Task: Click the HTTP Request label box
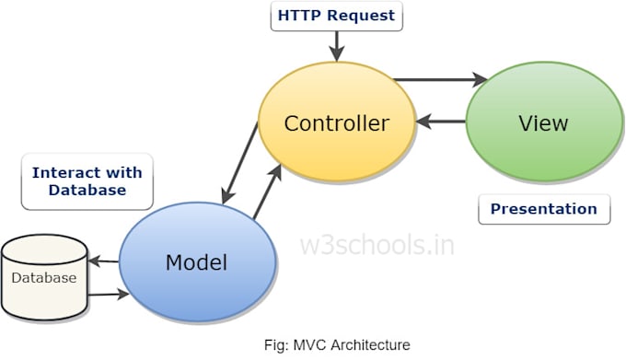(337, 16)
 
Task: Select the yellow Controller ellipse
(337, 122)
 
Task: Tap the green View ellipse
(545, 122)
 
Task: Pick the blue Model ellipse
(198, 261)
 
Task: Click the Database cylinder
(44, 277)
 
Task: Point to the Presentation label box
(544, 209)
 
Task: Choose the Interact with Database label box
(87, 181)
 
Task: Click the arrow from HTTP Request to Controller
(337, 46)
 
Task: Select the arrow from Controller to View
(440, 79)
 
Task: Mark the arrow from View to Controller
(441, 121)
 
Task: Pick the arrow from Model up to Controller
(268, 192)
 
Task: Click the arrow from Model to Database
(103, 261)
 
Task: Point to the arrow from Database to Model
(109, 295)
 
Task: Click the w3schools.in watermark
(377, 245)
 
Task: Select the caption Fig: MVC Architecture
(337, 345)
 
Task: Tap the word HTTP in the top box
(300, 16)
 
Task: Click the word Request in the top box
(361, 16)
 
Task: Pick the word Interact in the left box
(65, 173)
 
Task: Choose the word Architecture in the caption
(370, 345)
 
